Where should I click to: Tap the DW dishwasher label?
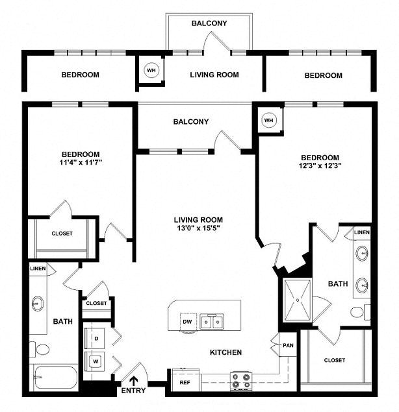pos(187,322)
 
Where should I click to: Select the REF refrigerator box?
pos(185,380)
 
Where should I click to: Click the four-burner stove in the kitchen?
pos(241,381)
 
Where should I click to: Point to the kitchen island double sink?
pos(212,321)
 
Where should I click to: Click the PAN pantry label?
pos(288,345)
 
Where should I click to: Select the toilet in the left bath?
pos(40,349)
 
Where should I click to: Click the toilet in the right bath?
pos(360,312)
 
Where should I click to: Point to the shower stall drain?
pos(298,300)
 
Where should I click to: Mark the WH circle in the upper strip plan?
pos(151,71)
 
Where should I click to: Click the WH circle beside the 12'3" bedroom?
pos(269,120)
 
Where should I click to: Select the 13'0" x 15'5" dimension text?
pos(198,228)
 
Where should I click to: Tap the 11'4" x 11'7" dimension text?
pos(81,162)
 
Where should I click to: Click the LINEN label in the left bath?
pos(38,269)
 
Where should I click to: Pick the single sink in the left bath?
pos(38,304)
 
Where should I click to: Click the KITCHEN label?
pos(225,352)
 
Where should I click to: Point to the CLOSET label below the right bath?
pos(334,360)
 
